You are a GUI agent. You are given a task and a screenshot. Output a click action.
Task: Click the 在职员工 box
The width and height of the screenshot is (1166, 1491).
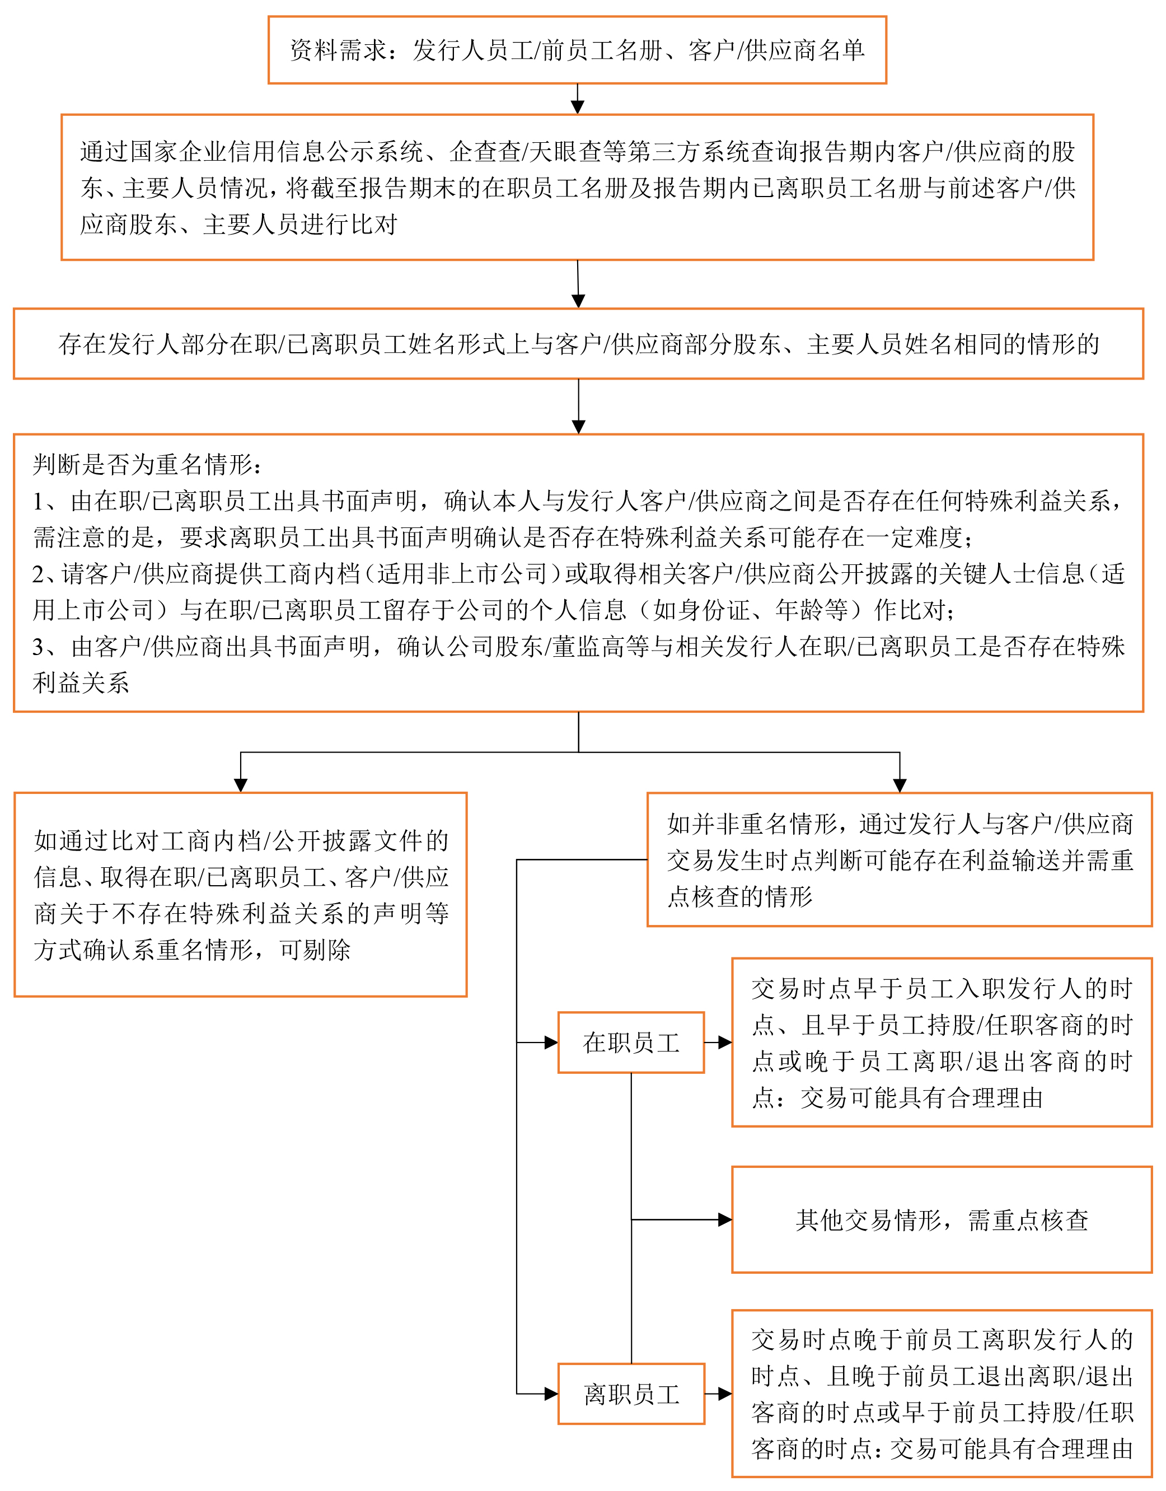[x=631, y=1043]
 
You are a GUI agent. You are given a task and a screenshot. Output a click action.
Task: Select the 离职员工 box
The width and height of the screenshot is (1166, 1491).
[x=631, y=1394]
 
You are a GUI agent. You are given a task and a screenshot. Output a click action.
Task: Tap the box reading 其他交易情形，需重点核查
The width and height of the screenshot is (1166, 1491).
[x=942, y=1220]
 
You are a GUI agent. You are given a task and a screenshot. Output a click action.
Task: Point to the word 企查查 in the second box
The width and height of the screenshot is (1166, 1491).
[x=485, y=152]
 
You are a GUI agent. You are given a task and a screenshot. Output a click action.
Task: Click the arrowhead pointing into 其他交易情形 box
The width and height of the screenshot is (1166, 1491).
[x=725, y=1220]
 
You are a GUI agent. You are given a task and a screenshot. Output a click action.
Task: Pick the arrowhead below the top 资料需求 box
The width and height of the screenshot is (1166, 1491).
[x=578, y=107]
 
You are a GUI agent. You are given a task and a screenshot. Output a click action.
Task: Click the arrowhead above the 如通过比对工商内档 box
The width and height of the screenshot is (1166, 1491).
[x=240, y=785]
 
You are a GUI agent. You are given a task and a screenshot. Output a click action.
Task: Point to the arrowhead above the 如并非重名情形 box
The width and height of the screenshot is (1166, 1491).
[x=900, y=785]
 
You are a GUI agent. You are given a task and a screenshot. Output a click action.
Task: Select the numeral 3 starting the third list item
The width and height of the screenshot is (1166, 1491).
[x=38, y=647]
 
